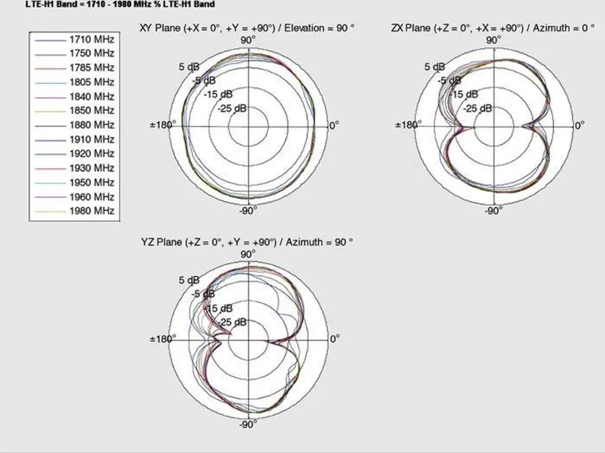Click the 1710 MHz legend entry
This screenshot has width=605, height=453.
coord(75,40)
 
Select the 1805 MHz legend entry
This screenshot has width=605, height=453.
coord(75,82)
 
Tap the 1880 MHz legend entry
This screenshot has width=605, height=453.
coord(75,125)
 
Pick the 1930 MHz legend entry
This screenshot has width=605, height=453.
coord(75,168)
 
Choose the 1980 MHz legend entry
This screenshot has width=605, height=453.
coord(75,211)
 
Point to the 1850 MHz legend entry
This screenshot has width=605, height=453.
coord(75,111)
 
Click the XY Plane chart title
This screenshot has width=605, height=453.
coord(247,28)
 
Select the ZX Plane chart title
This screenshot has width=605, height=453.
coord(493,28)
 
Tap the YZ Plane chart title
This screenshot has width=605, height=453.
coord(247,242)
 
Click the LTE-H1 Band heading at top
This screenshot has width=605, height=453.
coord(120,4)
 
